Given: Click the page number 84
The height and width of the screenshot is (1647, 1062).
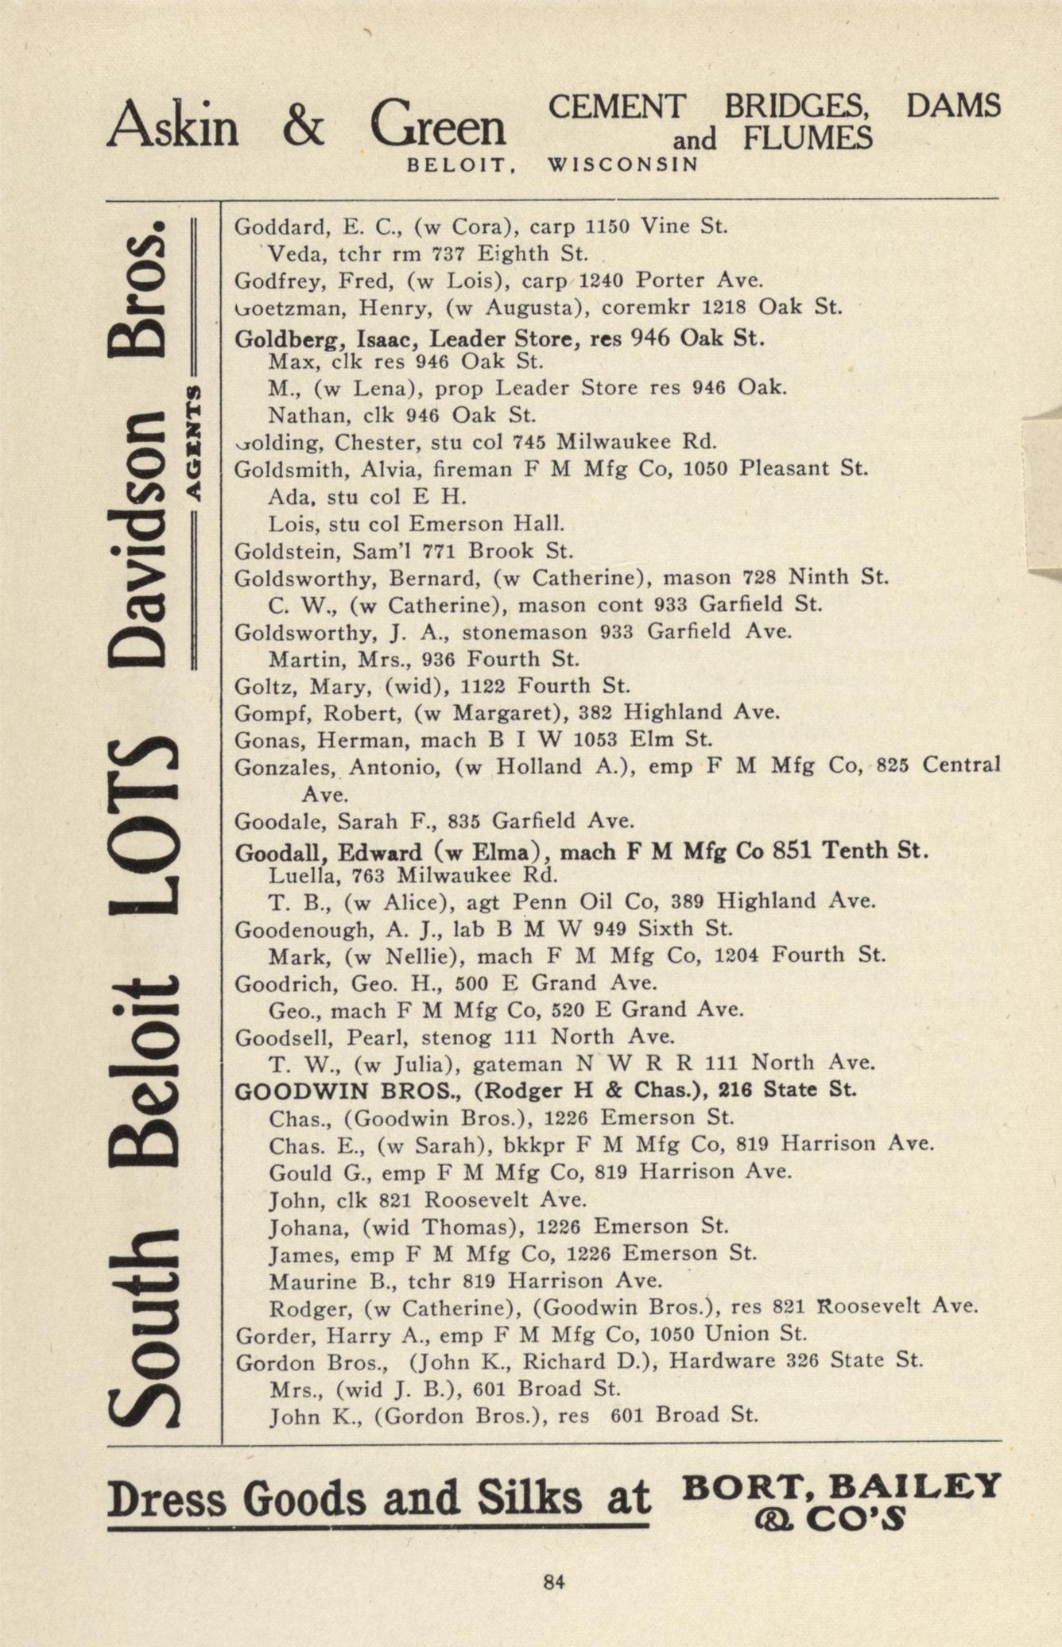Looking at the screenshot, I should coord(554,1582).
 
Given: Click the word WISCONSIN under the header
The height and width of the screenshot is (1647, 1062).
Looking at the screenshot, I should coord(623,165).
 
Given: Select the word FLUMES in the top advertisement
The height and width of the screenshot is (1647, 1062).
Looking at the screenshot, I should coord(808,138).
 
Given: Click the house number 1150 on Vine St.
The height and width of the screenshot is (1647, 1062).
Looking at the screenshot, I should coord(607,227).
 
